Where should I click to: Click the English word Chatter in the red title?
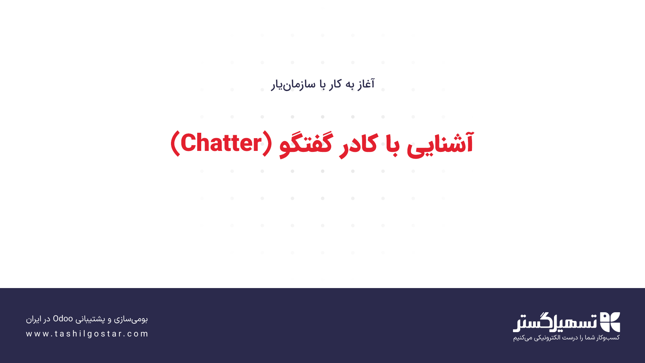click(x=221, y=143)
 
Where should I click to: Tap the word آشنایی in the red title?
click(x=440, y=144)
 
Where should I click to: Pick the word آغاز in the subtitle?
click(x=365, y=84)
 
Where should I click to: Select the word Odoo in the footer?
click(x=63, y=319)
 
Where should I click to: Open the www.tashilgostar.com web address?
click(x=87, y=334)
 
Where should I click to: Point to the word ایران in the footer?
click(x=33, y=319)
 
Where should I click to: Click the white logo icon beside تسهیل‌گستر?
click(x=610, y=322)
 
